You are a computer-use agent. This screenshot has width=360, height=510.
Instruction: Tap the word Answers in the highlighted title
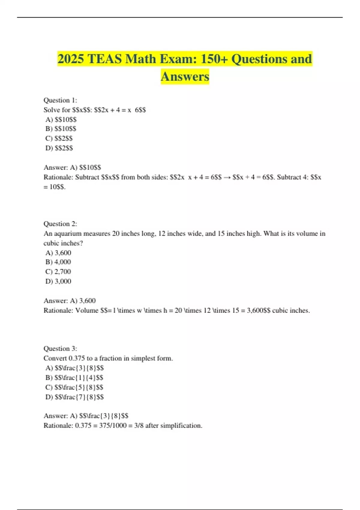tap(185, 76)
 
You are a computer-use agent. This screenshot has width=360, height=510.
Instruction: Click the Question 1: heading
tap(60, 100)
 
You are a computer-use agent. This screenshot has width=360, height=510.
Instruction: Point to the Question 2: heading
tap(60, 224)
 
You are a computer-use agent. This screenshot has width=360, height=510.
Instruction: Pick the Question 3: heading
tap(60, 349)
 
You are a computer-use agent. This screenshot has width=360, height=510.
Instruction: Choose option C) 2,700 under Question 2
tap(58, 271)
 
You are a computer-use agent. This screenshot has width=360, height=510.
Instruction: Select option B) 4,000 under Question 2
tap(58, 262)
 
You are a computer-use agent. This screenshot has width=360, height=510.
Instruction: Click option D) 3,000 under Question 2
tap(58, 281)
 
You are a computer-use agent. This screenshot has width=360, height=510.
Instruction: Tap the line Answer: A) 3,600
tap(70, 301)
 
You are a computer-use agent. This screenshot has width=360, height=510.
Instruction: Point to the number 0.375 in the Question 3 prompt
tap(77, 358)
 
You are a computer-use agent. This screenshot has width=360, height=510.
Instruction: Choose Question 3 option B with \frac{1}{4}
tap(74, 377)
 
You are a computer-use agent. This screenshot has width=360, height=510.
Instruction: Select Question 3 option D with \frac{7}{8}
tap(74, 397)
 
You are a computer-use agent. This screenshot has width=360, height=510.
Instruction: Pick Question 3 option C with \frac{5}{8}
tap(74, 387)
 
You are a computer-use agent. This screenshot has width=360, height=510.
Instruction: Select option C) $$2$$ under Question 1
tap(59, 138)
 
